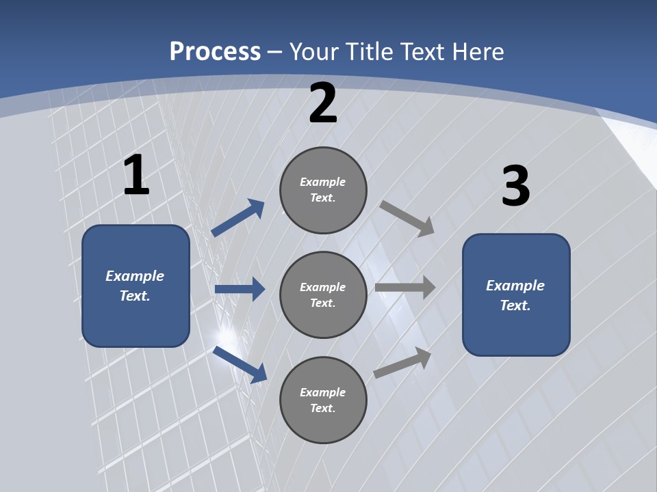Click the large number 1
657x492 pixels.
136,176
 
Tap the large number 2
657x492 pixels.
323,104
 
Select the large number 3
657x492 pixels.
515,187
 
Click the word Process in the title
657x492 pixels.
215,51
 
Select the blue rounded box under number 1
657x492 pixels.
136,286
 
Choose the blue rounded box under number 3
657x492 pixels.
516,295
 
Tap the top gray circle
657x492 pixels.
323,190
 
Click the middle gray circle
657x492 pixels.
323,295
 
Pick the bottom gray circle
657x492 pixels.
323,400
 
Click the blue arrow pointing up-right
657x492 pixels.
238,218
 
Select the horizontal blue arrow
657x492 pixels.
240,289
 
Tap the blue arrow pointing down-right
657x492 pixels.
240,364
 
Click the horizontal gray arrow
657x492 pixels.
405,288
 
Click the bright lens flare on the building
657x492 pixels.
225,336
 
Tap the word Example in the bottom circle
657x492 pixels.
323,392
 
